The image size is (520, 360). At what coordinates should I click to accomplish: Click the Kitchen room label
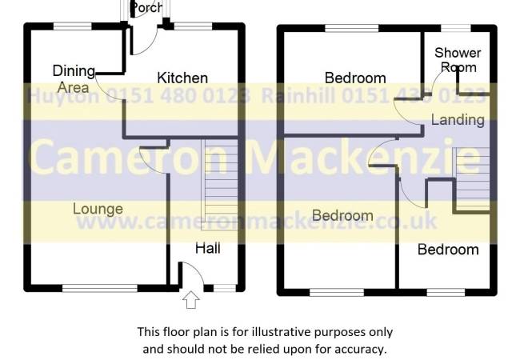pyautogui.click(x=182, y=78)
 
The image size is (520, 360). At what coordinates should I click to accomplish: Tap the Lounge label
pyautogui.click(x=98, y=209)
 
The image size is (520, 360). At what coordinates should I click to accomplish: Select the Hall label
pyautogui.click(x=208, y=248)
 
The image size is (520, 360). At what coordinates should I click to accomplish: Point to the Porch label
pyautogui.click(x=147, y=7)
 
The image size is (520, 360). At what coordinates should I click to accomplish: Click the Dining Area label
pyautogui.click(x=74, y=79)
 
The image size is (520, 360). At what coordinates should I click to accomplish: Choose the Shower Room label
pyautogui.click(x=458, y=60)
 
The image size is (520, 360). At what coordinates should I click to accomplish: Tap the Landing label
pyautogui.click(x=458, y=119)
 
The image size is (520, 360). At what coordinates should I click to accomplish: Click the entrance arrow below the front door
pyautogui.click(x=191, y=300)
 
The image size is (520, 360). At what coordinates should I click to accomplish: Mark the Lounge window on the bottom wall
pyautogui.click(x=100, y=288)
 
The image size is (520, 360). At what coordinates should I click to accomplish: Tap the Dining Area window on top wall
pyautogui.click(x=73, y=26)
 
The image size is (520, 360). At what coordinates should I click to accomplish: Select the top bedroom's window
pyautogui.click(x=352, y=29)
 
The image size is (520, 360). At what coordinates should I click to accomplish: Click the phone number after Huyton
pyautogui.click(x=178, y=96)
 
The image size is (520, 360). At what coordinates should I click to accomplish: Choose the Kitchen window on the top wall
pyautogui.click(x=193, y=26)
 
